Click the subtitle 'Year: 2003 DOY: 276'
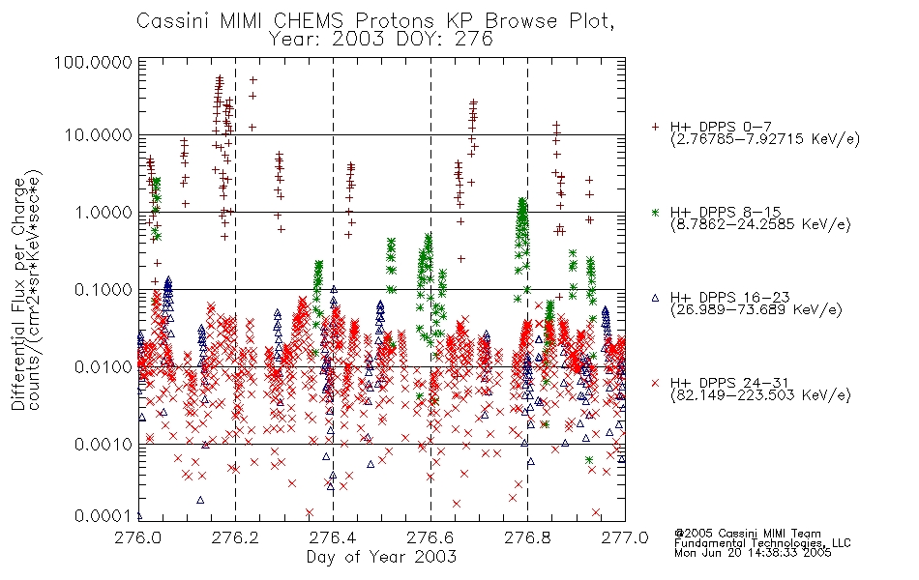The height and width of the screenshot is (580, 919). pos(381,40)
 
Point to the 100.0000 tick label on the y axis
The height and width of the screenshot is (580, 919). pos(94,62)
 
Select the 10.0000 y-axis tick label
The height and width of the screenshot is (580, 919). pos(99,135)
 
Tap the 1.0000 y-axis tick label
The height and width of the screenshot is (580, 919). pos(104,212)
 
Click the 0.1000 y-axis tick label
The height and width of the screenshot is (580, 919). pos(104,289)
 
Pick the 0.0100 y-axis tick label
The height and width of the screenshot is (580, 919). pos(104,367)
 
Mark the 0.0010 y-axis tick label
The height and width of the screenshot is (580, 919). pos(104,445)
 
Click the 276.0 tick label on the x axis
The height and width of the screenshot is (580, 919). pos(138,537)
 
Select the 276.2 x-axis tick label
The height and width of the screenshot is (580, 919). pos(236,537)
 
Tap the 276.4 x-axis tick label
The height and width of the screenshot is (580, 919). pos(333,537)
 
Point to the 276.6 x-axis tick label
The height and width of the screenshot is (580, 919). pos(430,537)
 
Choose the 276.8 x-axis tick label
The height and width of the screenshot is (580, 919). pos(527,537)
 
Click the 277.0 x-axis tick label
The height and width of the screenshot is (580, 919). pos(625,537)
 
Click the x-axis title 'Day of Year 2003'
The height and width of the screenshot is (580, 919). pos(381,557)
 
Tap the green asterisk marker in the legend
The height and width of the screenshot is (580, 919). pos(655,213)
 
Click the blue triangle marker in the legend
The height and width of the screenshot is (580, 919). pos(655,298)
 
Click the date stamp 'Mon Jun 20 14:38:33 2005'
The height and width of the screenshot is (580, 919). pos(753,553)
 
